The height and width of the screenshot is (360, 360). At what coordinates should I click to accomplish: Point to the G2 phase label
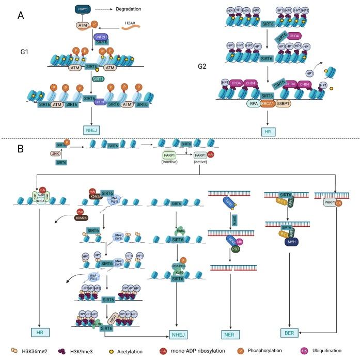[204, 66]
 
